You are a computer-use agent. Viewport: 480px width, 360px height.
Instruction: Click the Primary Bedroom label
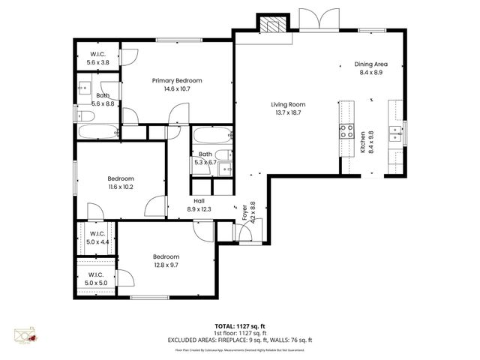tap(177, 80)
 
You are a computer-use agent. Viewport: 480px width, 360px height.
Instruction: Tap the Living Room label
tap(288, 104)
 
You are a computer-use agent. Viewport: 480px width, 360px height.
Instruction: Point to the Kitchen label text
tap(363, 142)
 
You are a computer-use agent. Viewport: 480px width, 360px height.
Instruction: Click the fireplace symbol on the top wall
tap(271, 23)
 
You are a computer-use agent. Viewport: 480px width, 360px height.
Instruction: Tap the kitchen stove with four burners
tap(346, 132)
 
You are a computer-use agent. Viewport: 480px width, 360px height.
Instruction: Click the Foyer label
tap(244, 212)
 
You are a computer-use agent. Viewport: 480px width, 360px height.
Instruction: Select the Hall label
tap(199, 201)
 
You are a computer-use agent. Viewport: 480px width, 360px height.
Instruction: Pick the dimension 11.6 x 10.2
tap(120, 187)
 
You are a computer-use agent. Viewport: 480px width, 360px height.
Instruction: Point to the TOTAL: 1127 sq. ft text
tap(240, 326)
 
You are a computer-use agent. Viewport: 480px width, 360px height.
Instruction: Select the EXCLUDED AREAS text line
tap(240, 340)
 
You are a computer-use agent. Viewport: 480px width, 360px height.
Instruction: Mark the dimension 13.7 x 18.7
tap(288, 112)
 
